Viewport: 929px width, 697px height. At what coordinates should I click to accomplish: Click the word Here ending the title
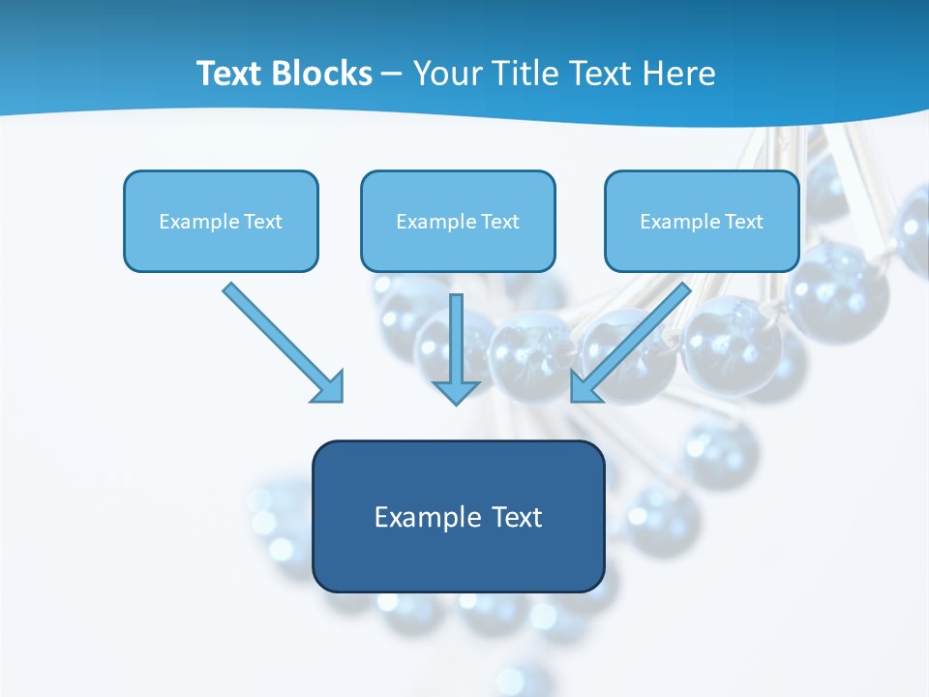(680, 74)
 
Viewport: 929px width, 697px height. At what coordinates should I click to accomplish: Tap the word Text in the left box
(263, 222)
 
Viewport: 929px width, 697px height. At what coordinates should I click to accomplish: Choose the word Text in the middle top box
(500, 222)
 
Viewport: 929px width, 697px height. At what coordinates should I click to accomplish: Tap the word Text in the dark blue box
(517, 517)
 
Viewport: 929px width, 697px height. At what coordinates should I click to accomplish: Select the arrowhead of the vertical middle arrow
(456, 392)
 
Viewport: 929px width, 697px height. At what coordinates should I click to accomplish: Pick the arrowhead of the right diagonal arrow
(584, 387)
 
